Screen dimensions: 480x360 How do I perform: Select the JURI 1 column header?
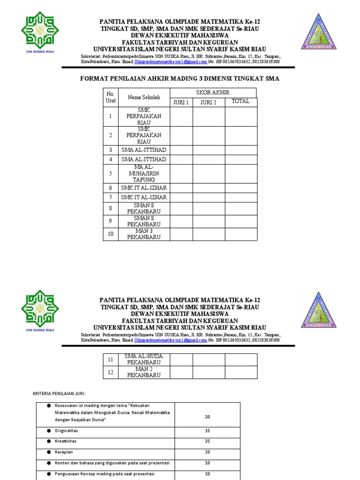coord(181,102)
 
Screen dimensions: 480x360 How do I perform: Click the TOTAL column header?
coord(240,101)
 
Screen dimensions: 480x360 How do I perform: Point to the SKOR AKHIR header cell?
coord(213,92)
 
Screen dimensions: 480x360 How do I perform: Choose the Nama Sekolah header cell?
coord(144,97)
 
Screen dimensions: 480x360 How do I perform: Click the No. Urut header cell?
coord(110,97)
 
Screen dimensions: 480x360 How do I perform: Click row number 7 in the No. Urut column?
coord(111,197)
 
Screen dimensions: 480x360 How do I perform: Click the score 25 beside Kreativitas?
coord(207,441)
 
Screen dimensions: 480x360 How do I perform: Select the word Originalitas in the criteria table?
coord(67,430)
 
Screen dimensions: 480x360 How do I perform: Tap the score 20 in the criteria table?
coord(207,416)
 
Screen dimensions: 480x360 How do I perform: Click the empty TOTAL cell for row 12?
coord(240,372)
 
